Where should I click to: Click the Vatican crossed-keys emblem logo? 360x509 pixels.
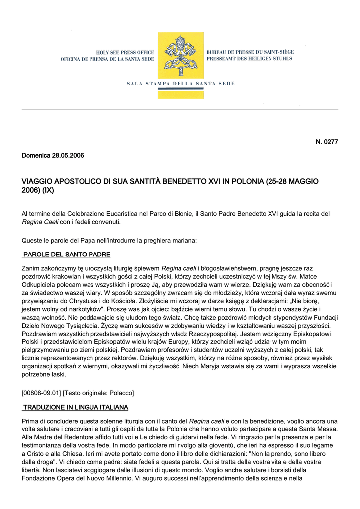[180, 56]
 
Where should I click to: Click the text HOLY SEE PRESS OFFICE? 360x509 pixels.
[122, 52]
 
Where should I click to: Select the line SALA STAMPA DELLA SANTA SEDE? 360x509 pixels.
[180, 84]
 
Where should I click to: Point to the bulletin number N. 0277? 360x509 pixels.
[327, 142]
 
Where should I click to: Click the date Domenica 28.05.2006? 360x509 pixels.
[53, 156]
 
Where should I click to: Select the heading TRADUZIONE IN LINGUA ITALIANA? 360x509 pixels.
[76, 407]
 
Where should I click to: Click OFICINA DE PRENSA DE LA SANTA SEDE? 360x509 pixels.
[107, 59]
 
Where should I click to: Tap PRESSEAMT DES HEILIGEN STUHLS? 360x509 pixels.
[249, 59]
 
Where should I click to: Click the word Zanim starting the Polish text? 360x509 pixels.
[31, 268]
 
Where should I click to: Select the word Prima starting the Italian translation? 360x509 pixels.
[30, 421]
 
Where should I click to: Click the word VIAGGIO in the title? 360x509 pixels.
[38, 181]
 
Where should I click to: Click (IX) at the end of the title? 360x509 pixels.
[48, 191]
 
